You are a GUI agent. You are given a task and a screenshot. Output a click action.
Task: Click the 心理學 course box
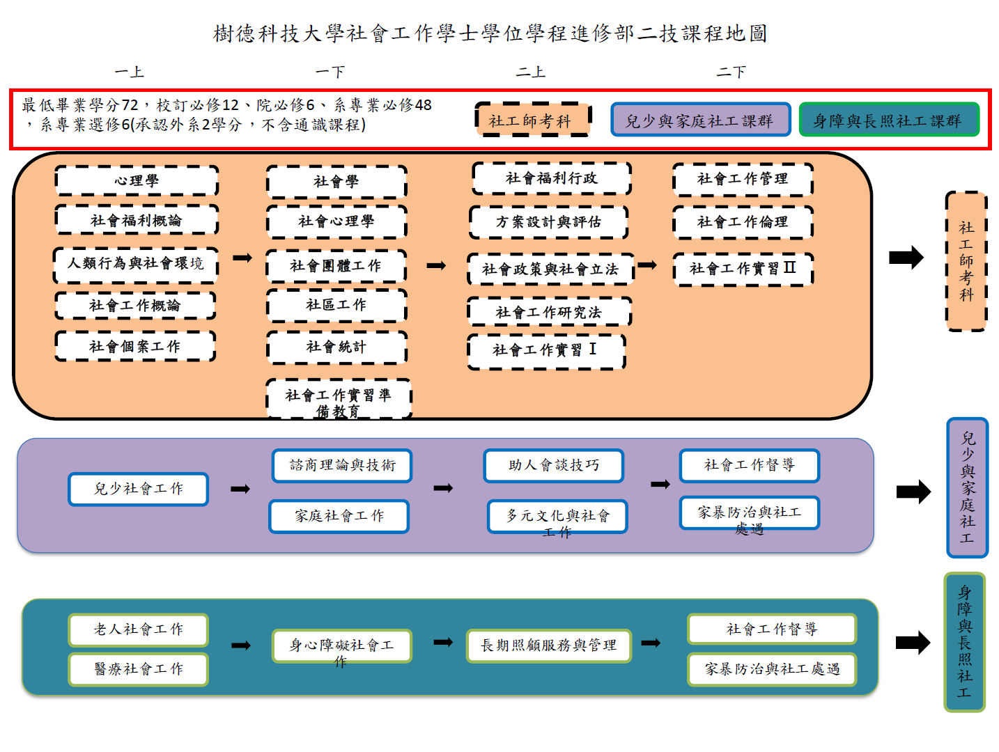coord(136,180)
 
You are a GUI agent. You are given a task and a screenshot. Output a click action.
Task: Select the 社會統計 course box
coord(336,347)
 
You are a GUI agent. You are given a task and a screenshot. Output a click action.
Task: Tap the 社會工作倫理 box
coord(743,221)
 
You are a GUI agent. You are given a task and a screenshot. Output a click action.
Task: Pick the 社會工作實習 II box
coord(743,269)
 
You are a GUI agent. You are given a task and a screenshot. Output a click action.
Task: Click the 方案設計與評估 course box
coord(548,221)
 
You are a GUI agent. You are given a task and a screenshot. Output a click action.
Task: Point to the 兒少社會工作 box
coord(139,489)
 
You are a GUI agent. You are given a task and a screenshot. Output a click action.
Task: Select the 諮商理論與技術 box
coord(342,465)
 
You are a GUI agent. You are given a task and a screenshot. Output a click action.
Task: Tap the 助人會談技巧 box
coord(553,465)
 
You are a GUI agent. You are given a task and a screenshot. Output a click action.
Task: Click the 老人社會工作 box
coord(139,629)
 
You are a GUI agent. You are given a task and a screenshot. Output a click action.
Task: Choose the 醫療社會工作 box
coord(139,668)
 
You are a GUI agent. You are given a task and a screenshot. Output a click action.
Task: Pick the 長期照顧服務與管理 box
coord(548,645)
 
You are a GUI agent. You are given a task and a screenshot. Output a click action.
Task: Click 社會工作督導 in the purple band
coord(749,465)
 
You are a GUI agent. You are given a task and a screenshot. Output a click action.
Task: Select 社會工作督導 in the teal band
coord(771,629)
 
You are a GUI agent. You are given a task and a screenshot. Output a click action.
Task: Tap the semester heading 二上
coord(530,72)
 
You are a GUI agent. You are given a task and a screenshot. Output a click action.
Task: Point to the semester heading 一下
coord(330,72)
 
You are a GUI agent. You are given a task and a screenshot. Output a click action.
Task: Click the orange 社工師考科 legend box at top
coord(532,120)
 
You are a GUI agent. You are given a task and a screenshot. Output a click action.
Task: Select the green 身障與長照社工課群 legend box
coord(888,120)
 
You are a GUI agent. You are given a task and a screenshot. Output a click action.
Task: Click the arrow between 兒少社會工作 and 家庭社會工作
coord(240,489)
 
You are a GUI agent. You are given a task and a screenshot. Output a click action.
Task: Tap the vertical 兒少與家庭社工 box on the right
coord(967,487)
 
